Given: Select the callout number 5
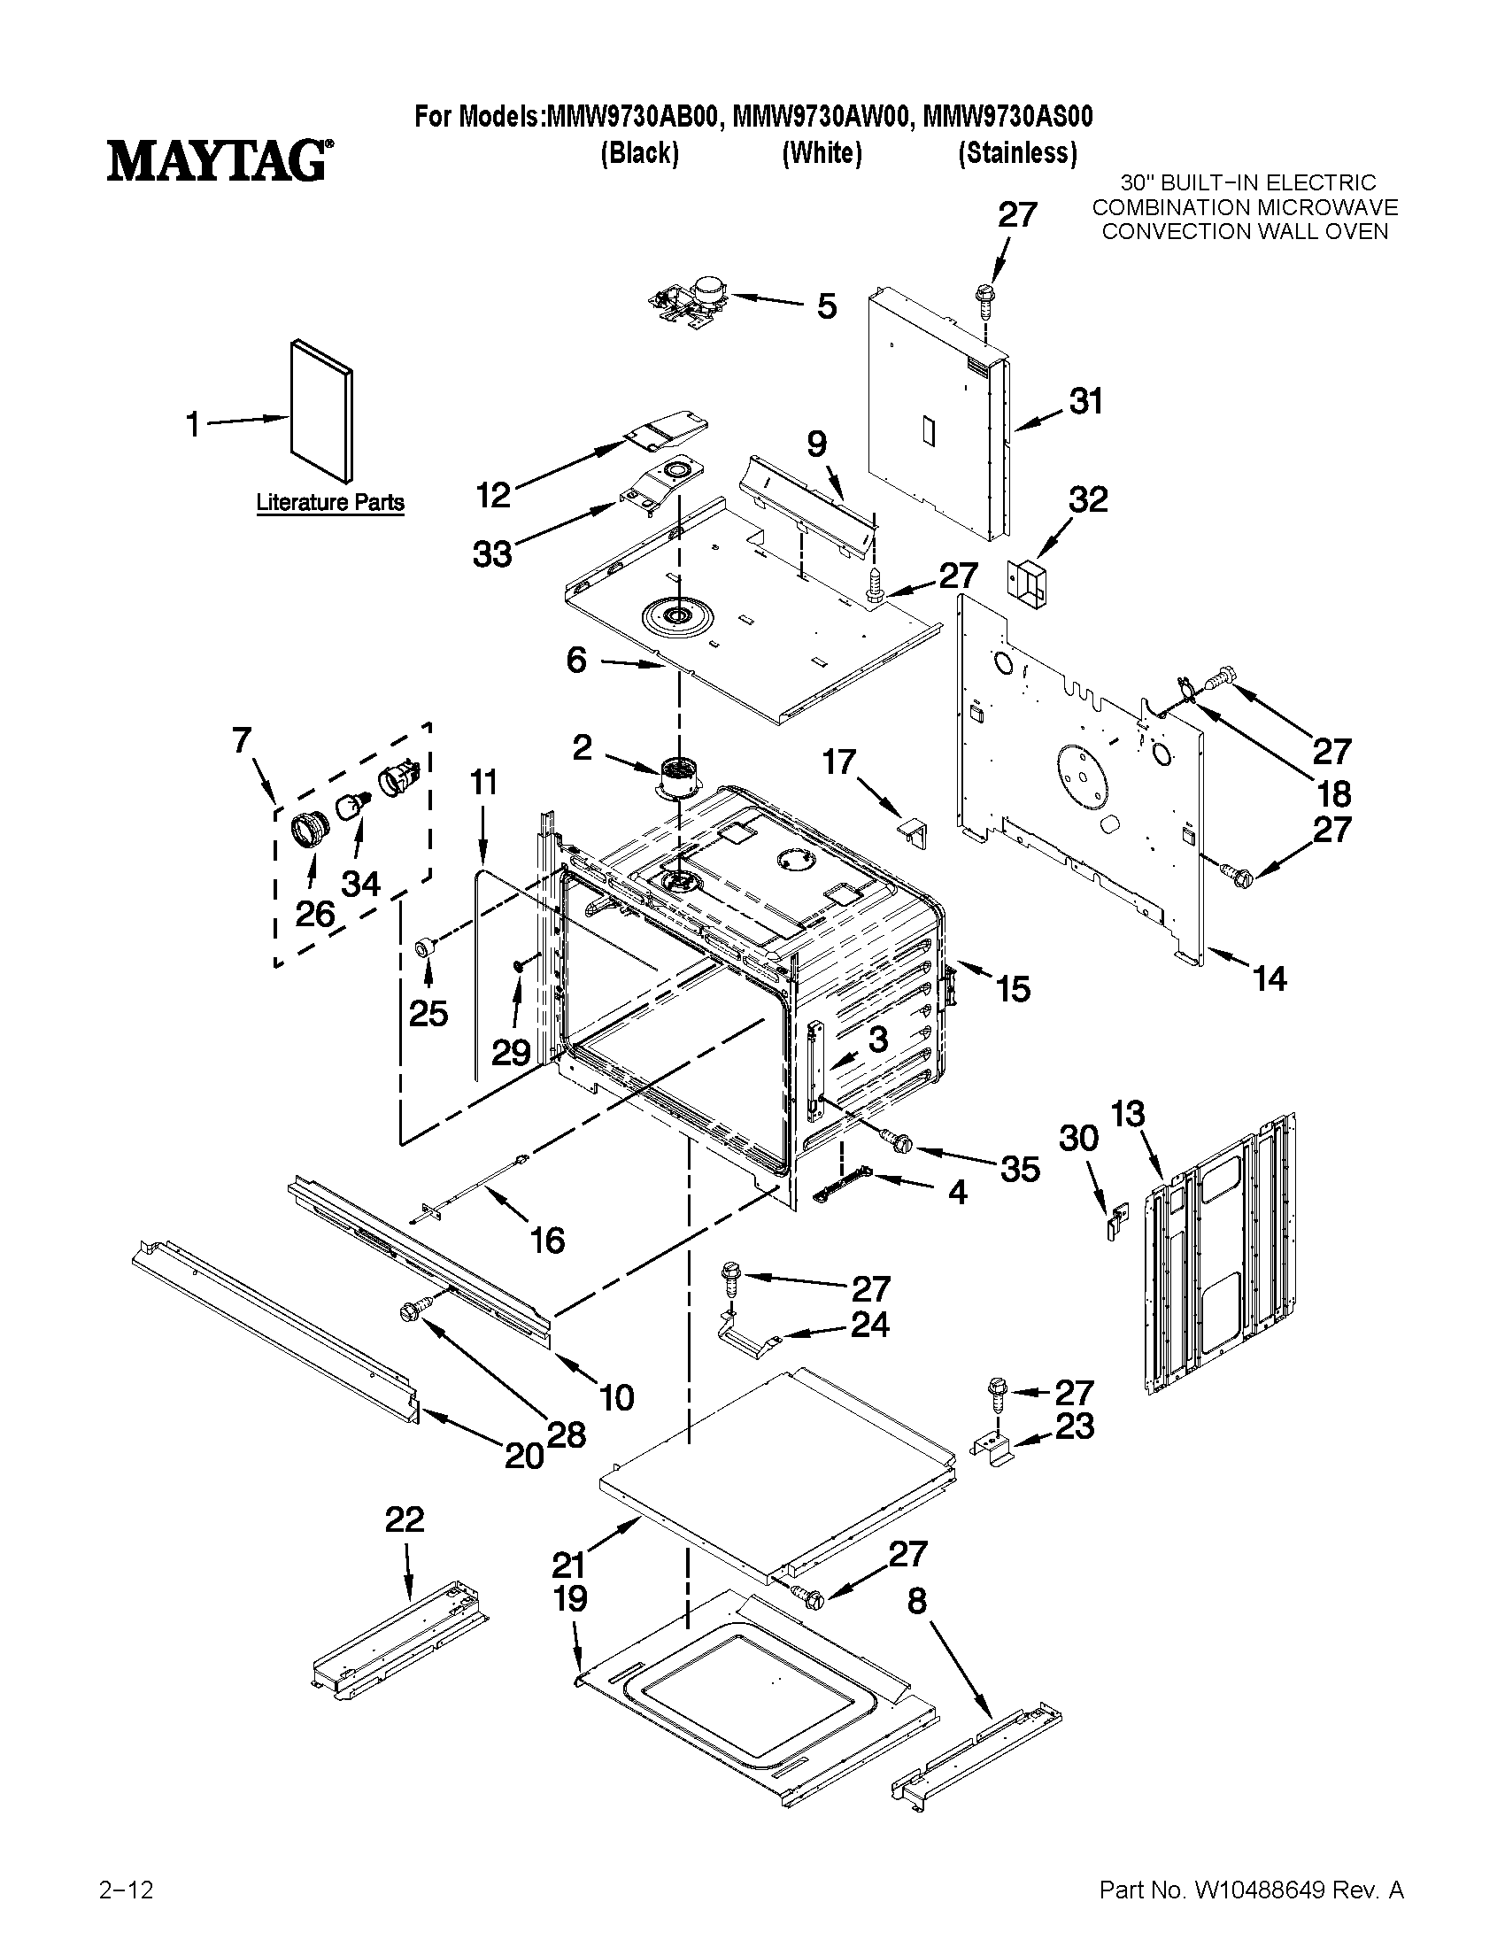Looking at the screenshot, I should click(x=827, y=307).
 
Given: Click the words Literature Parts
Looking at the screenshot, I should click(x=330, y=503).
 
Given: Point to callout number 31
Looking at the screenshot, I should click(x=1086, y=402).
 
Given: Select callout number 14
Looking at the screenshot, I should click(x=1270, y=979).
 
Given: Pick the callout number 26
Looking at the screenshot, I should click(x=315, y=915).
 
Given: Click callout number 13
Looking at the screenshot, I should click(x=1128, y=1114).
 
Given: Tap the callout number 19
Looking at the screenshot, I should click(x=570, y=1598).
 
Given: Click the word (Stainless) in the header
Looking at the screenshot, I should click(x=1016, y=154).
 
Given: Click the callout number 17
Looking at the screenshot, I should click(x=838, y=762).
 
